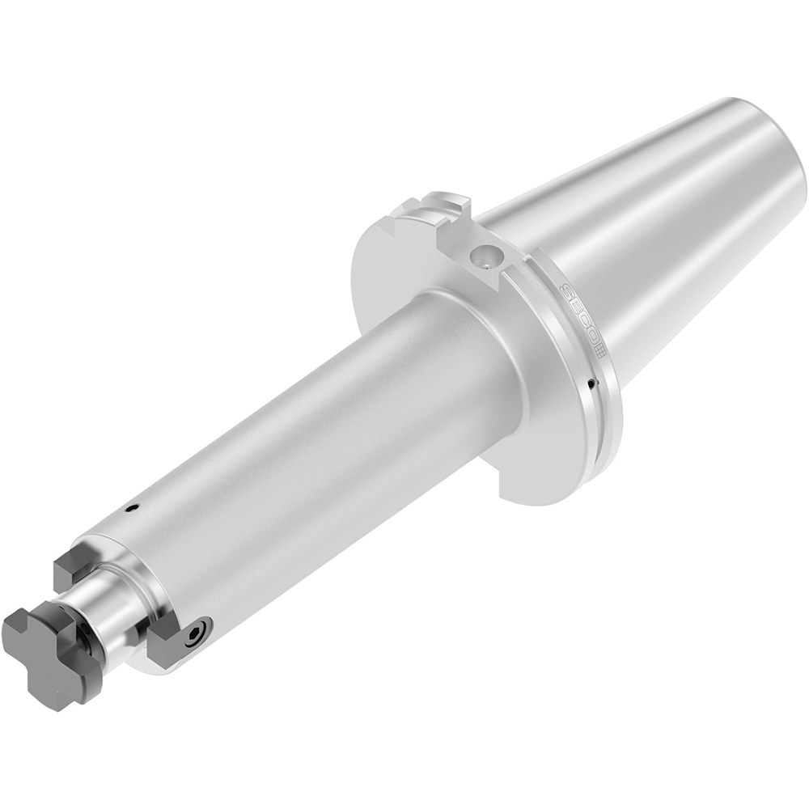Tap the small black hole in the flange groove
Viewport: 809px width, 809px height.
[x=592, y=382]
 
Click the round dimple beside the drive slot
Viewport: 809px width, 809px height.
[x=487, y=257]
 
